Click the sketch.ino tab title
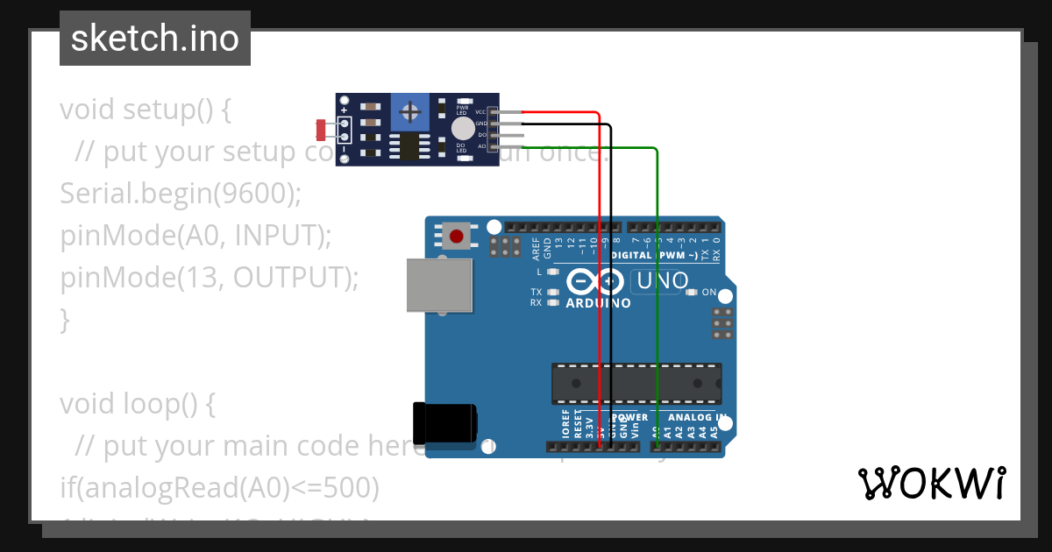point(155,39)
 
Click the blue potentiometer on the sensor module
point(409,111)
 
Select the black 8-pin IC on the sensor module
point(409,147)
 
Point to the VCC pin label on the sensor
point(480,112)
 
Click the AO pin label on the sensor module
point(481,146)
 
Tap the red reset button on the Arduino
point(456,236)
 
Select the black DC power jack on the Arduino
point(444,422)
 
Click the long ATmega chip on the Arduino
point(636,384)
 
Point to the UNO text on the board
point(665,282)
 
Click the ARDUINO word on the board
point(598,303)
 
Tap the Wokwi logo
point(931,483)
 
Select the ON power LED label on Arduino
point(709,292)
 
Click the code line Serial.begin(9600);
point(181,194)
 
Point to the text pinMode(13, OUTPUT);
point(210,278)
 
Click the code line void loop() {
point(137,404)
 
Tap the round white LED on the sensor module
point(462,129)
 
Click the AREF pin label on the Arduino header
point(537,250)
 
